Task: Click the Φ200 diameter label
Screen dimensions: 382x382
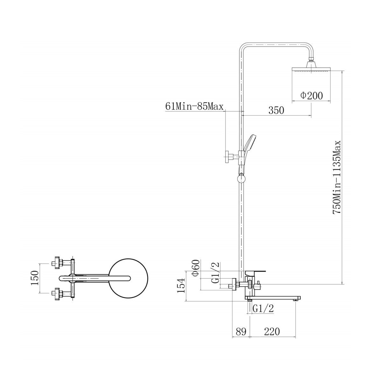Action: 312,96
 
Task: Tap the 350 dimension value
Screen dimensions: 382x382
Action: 276,110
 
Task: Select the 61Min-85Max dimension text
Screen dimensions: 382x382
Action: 194,107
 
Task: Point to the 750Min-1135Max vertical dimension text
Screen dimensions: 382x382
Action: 336,177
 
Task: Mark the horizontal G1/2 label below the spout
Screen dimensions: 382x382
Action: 264,308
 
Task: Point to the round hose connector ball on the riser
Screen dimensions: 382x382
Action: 241,178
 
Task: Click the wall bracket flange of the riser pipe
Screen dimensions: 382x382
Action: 227,157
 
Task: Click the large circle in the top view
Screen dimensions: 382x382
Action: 128,279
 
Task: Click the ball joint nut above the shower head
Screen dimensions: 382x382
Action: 311,59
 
